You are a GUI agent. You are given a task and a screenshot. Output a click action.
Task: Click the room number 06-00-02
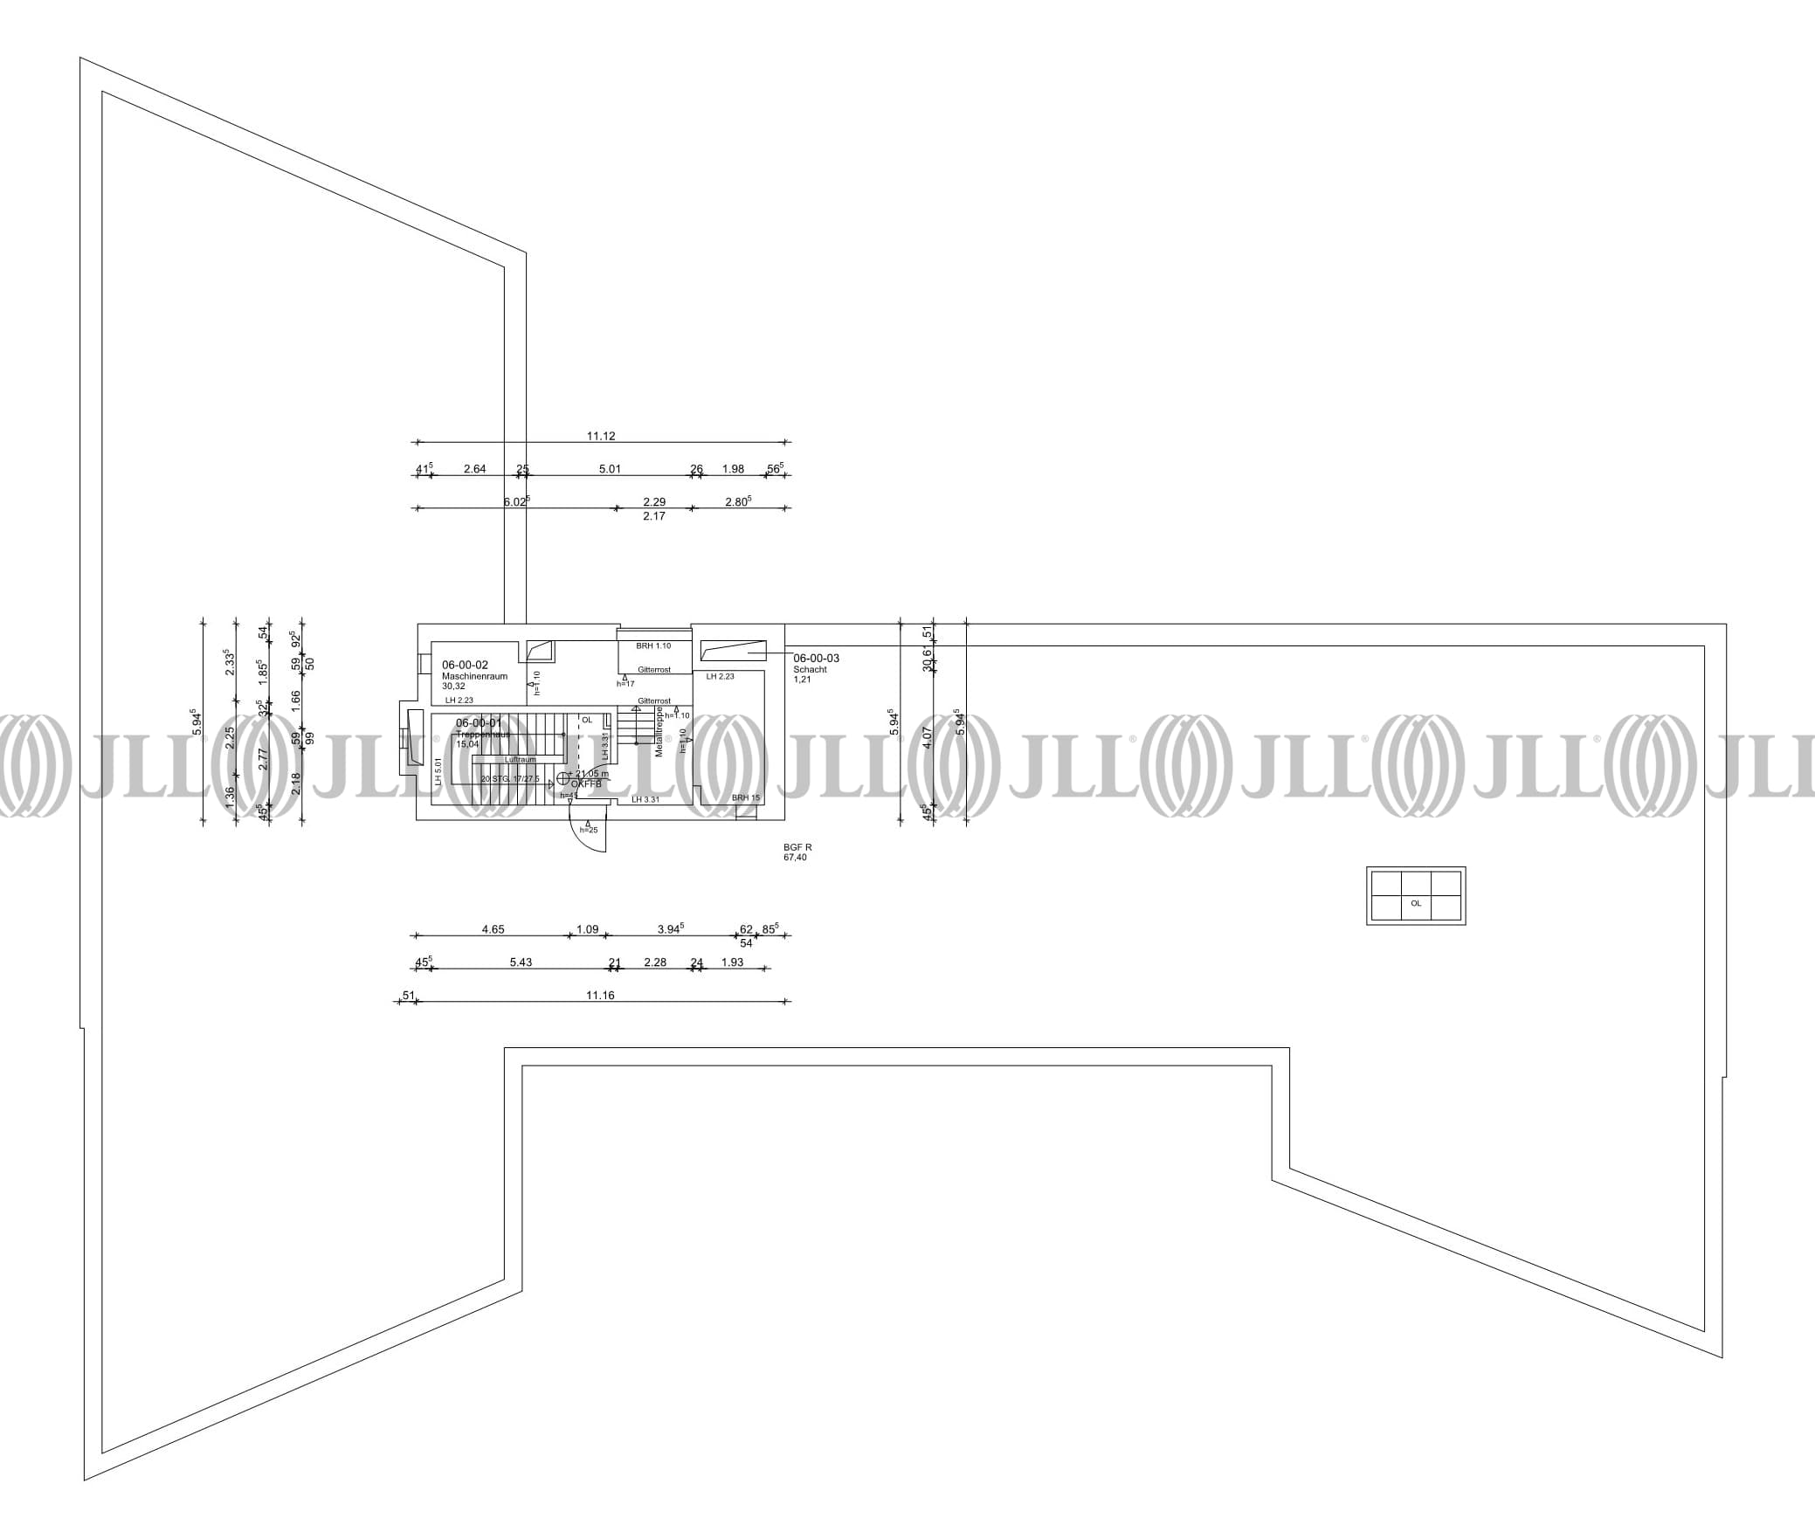click(x=465, y=665)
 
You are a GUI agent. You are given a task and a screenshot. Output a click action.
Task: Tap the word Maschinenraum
click(x=474, y=676)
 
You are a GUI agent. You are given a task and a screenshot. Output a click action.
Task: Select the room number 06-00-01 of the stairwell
click(x=479, y=722)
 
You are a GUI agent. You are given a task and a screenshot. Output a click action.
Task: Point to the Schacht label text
click(x=810, y=669)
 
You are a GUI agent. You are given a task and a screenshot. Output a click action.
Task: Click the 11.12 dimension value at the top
click(x=601, y=436)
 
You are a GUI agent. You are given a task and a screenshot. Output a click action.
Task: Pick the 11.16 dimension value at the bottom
click(x=600, y=995)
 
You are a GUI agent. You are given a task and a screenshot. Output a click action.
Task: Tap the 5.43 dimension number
click(x=521, y=963)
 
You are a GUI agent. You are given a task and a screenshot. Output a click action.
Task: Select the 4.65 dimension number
click(x=493, y=929)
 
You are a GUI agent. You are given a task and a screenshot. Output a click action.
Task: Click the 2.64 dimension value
click(x=474, y=469)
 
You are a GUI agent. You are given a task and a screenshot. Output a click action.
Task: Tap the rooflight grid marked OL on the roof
click(x=1415, y=895)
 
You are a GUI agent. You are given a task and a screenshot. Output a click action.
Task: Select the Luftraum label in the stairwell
click(x=520, y=759)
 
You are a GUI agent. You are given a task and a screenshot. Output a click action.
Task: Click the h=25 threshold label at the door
click(x=589, y=829)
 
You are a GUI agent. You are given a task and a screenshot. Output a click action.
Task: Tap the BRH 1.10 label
click(x=653, y=645)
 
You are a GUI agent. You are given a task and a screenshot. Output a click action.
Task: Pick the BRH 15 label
click(x=745, y=797)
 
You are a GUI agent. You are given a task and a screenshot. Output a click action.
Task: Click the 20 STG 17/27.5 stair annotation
click(x=510, y=778)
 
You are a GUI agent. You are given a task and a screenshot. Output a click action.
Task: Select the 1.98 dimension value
click(x=733, y=469)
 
